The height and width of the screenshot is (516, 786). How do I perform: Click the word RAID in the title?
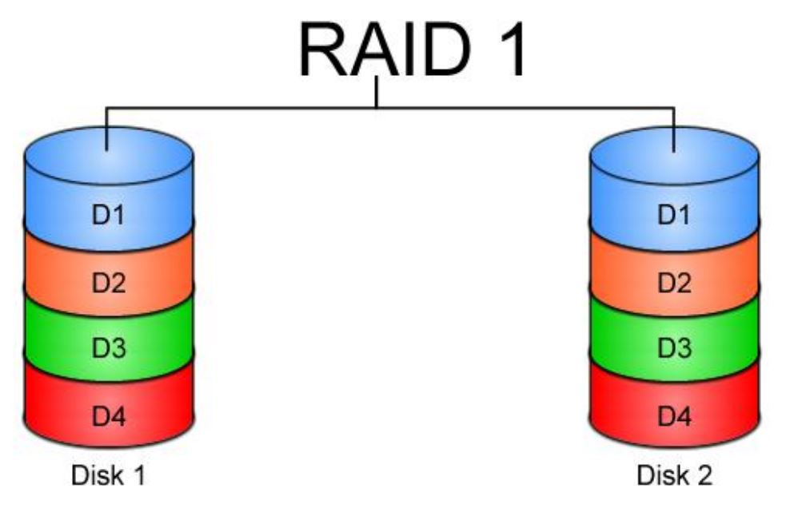pos(383,50)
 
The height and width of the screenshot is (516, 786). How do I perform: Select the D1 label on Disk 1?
pos(109,215)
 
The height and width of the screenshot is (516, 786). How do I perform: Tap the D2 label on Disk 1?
pos(109,283)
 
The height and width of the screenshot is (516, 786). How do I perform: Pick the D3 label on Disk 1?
pos(109,349)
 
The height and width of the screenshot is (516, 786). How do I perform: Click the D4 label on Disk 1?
pos(109,416)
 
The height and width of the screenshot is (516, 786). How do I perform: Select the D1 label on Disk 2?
pos(673,215)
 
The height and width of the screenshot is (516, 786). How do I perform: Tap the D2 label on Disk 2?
pos(673,283)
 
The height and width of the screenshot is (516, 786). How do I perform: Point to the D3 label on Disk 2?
pos(673,349)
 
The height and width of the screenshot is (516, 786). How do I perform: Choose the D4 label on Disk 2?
pos(673,416)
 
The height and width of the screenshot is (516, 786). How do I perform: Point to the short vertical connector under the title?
pos(377,92)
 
